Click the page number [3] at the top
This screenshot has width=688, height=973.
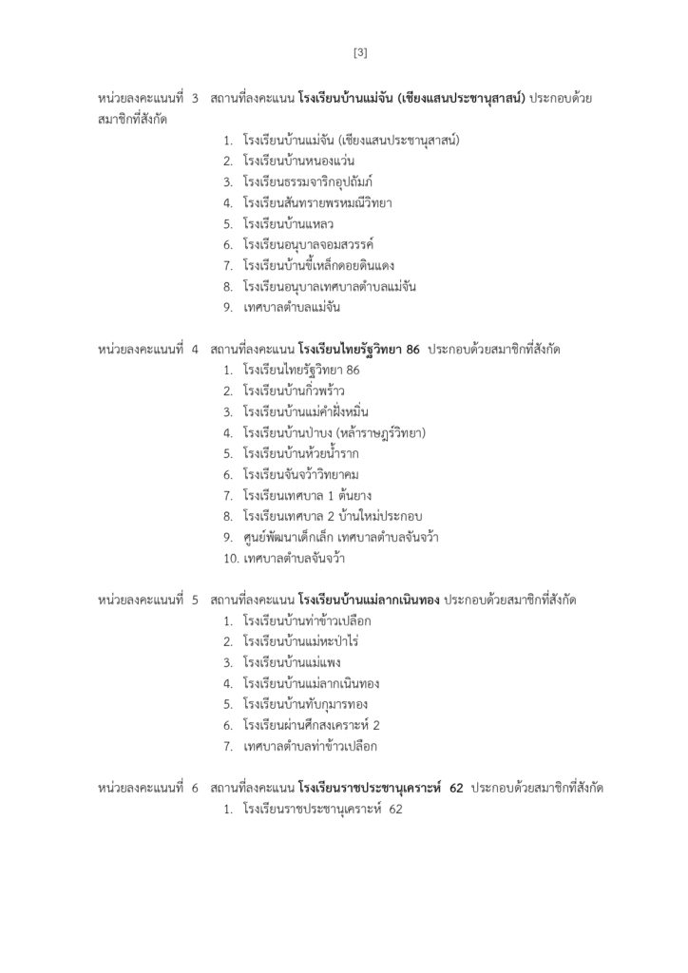coord(359,52)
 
